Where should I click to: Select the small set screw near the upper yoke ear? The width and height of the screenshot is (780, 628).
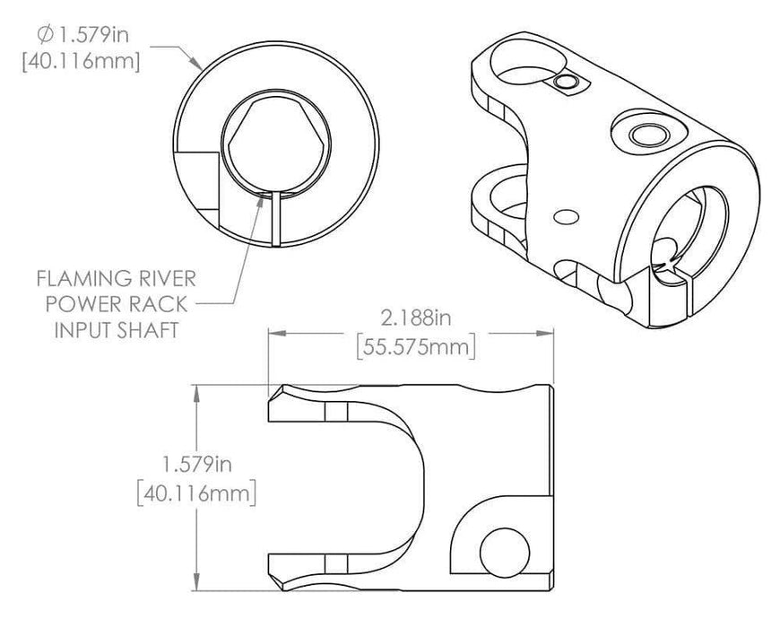click(565, 83)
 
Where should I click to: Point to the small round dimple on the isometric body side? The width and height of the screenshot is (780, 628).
click(565, 217)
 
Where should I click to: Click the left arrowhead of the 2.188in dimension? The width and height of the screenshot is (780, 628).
click(274, 333)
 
